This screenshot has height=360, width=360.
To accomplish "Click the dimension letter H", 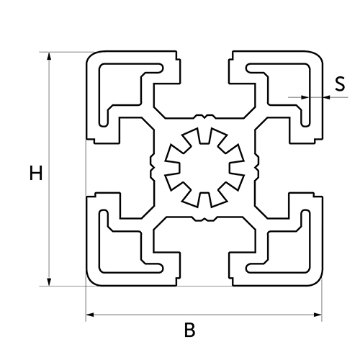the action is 36,173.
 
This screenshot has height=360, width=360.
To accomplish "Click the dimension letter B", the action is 189,330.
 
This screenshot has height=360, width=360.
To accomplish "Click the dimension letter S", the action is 340,84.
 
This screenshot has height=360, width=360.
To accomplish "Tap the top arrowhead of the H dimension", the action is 49,56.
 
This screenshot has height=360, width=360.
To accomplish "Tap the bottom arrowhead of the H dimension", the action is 49,282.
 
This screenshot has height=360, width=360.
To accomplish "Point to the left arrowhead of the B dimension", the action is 90,315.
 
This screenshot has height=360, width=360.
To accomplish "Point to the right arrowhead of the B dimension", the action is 318,315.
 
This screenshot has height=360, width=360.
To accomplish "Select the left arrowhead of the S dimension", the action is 305,97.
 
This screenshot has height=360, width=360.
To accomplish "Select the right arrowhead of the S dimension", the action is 327,97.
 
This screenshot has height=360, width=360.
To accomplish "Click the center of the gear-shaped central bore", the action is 204,168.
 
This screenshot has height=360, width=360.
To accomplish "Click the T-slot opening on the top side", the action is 204,67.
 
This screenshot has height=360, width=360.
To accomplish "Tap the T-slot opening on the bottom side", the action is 204,269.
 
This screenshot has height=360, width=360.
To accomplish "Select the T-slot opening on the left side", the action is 103,168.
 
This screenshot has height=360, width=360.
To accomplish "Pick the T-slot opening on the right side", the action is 306,168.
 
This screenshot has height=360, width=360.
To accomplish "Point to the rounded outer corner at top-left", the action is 91,55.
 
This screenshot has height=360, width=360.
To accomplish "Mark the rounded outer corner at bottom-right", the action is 318,282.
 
